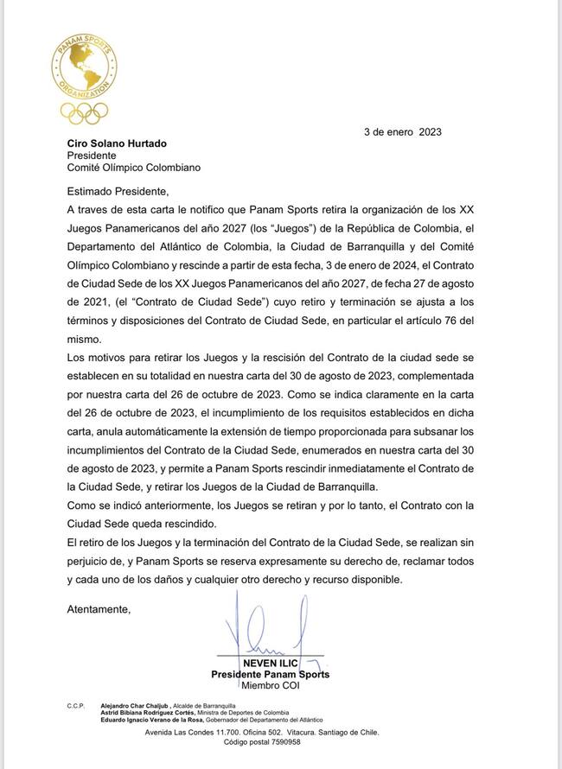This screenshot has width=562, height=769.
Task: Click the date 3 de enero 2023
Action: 403,132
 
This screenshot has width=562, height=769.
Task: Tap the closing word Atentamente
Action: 99,609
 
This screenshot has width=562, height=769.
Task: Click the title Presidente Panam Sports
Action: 271,675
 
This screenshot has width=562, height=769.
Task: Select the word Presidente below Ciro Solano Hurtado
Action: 92,156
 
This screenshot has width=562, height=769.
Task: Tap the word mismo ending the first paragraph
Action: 85,340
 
